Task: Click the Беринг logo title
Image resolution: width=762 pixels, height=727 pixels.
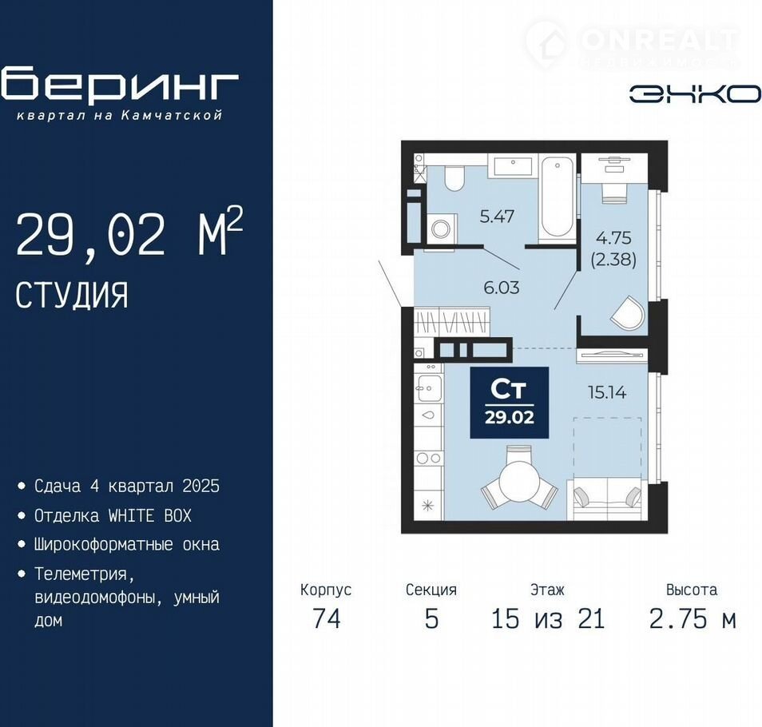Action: (120, 85)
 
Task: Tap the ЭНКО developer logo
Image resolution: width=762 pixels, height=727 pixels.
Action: (695, 93)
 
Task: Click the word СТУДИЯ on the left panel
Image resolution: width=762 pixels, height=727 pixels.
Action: (71, 295)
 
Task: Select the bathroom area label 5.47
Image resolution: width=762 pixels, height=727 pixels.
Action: (497, 217)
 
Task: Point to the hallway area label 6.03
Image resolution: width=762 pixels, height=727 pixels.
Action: (502, 288)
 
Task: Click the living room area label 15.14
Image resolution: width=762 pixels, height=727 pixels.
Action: (607, 392)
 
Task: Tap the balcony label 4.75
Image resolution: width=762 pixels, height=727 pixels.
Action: (613, 238)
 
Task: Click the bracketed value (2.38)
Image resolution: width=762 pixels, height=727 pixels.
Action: (613, 260)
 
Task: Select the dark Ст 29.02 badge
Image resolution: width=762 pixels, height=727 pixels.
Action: (509, 403)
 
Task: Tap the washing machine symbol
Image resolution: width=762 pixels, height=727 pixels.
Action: (441, 229)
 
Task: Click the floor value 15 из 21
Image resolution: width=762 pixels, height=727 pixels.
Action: (548, 619)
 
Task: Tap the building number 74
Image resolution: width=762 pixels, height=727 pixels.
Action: (327, 619)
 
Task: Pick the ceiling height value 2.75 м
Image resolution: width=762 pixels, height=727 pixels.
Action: (692, 619)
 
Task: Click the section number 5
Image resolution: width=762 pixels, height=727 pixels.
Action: (431, 619)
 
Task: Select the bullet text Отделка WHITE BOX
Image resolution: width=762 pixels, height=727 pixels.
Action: (113, 515)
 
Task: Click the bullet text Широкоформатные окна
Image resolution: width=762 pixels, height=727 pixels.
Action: (126, 545)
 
